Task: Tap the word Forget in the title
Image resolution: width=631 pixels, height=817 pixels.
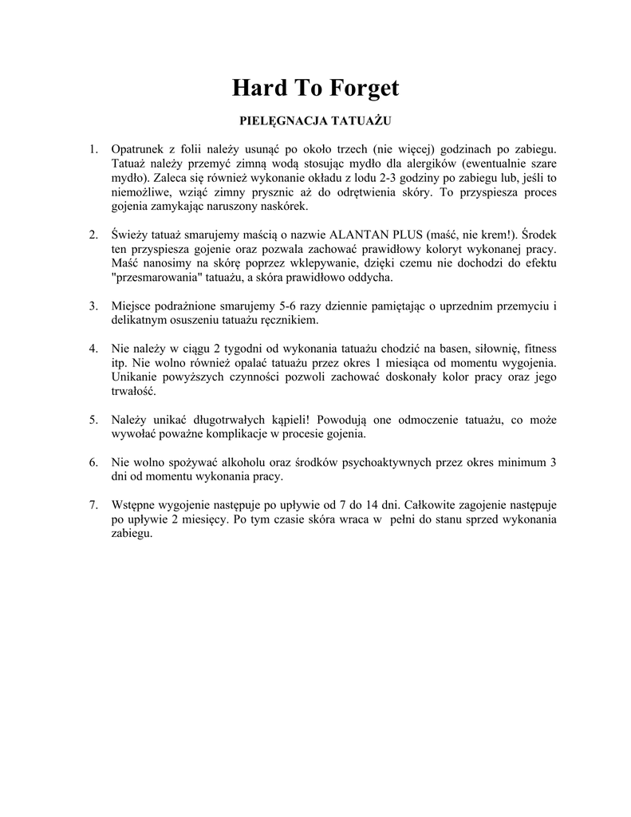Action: pyautogui.click(x=364, y=89)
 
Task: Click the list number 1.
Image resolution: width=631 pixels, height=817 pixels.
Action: pyautogui.click(x=93, y=148)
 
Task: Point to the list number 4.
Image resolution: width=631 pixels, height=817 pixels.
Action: pyautogui.click(x=93, y=349)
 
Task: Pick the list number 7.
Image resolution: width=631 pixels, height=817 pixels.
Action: pyautogui.click(x=93, y=505)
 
